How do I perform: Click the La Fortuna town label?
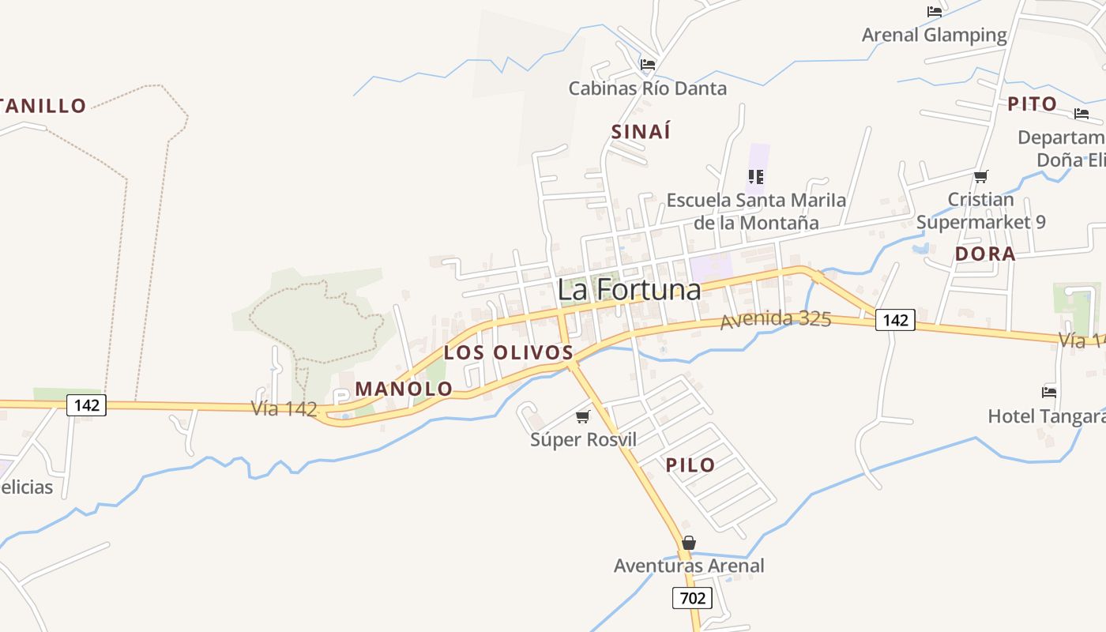click(629, 290)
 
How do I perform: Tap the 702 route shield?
click(692, 598)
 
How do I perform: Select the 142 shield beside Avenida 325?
click(895, 320)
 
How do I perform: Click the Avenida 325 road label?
click(775, 320)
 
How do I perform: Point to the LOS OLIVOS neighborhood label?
click(508, 352)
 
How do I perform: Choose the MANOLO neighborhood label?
click(404, 389)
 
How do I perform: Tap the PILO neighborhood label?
click(690, 465)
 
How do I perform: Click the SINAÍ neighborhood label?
click(641, 132)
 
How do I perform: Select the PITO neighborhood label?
click(1032, 104)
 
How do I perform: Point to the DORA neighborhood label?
click(985, 254)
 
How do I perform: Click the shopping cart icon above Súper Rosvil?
click(583, 416)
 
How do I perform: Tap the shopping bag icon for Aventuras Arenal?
click(689, 543)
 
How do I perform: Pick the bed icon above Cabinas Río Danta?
click(648, 64)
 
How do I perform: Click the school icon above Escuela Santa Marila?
click(756, 176)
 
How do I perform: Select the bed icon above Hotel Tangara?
click(1049, 392)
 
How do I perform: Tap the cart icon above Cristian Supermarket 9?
click(980, 176)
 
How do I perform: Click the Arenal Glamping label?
click(934, 35)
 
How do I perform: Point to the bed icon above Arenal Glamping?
click(935, 12)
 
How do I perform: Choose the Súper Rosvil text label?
click(583, 439)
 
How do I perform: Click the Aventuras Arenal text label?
click(689, 566)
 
